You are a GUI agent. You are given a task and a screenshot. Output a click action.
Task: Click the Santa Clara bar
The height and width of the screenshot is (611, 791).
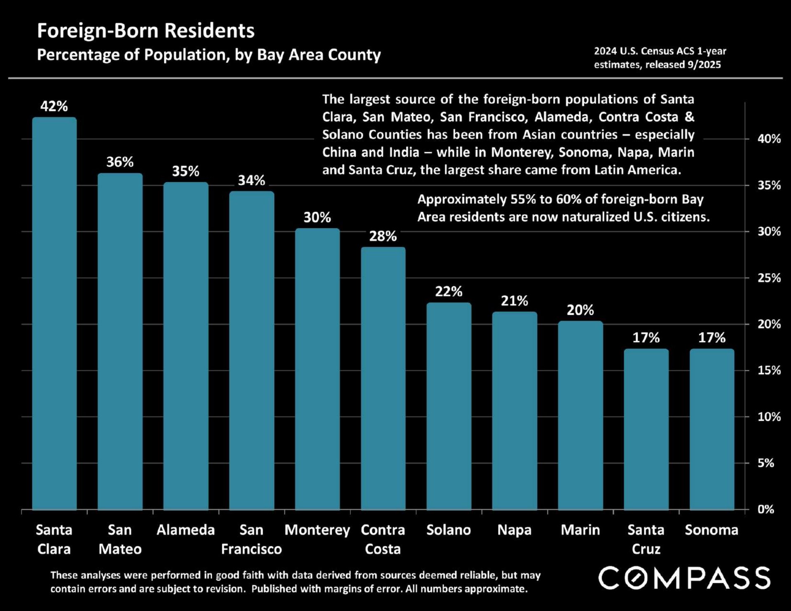(x=54, y=313)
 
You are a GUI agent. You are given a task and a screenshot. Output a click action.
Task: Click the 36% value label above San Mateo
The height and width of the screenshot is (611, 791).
(x=120, y=162)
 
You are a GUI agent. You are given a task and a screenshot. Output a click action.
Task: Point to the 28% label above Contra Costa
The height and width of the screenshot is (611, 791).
(x=383, y=236)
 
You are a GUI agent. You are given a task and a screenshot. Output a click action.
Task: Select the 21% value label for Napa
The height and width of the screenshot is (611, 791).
(x=514, y=301)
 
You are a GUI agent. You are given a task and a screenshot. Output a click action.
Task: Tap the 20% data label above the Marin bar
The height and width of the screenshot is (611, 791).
(x=580, y=310)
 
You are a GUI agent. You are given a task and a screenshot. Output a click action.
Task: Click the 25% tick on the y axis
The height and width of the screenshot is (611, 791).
(x=769, y=278)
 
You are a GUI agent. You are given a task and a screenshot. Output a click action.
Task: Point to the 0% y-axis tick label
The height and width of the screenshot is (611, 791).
(x=765, y=510)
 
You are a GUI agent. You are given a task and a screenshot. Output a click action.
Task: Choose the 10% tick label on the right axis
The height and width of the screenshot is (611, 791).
(x=769, y=417)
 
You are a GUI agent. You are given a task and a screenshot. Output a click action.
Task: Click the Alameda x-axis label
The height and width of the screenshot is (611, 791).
(x=185, y=530)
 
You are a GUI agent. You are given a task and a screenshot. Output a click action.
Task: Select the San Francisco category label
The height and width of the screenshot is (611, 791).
(x=251, y=539)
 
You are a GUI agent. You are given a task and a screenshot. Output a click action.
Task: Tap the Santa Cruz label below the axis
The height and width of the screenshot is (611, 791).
(x=646, y=539)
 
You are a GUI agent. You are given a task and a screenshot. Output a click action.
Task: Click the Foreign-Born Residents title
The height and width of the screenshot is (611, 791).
(x=146, y=30)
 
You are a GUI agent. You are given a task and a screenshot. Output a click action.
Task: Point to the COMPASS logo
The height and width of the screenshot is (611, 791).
(x=684, y=578)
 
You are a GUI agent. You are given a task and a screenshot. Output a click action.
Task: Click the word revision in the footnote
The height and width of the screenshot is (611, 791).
(x=222, y=589)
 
